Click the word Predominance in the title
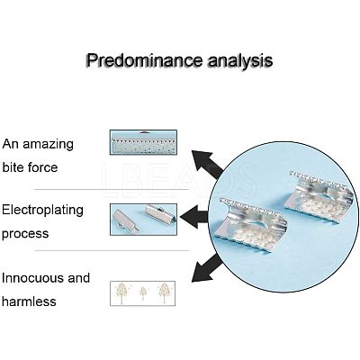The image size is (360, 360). pos(144,61)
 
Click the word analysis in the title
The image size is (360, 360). pos(240,61)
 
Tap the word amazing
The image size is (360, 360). pos(48,145)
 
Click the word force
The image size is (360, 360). pos(42,166)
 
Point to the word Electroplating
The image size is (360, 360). pos(42,211)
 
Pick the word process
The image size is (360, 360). pos(25,234)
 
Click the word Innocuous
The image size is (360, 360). pos(32,278)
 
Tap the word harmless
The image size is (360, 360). pos(29,301)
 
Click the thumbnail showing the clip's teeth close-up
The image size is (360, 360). pos(143,142)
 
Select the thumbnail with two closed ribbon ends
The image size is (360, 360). pos(143,220)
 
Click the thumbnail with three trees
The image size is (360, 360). pos(143,293)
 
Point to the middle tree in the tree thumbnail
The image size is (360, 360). pos(143,293)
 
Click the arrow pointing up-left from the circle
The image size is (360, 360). pos(208,164)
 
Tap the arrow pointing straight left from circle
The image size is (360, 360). pos(194,217)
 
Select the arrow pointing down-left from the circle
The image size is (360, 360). pos(207,268)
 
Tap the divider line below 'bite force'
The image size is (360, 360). pos(112,190)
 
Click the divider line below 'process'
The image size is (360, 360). pos(112,250)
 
